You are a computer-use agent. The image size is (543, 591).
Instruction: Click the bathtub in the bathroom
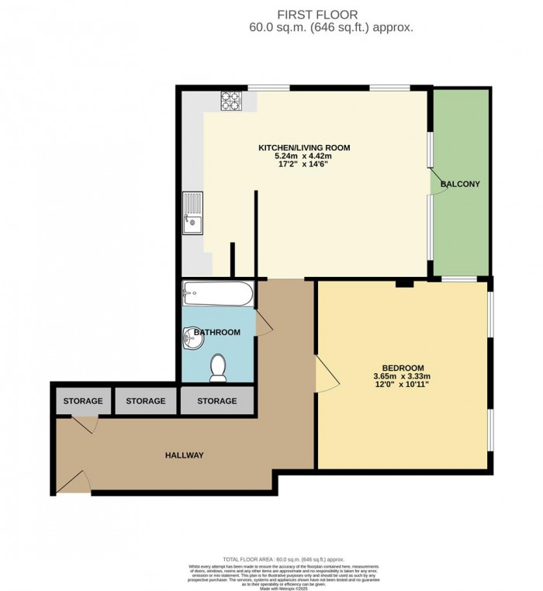pyautogui.click(x=217, y=294)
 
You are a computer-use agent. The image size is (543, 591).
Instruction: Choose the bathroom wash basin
pyautogui.click(x=191, y=337)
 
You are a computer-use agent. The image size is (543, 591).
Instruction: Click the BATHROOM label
pyautogui.click(x=217, y=332)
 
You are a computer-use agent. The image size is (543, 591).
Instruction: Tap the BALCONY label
pyautogui.click(x=461, y=185)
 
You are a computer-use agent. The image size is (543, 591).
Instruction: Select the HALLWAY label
pyautogui.click(x=183, y=455)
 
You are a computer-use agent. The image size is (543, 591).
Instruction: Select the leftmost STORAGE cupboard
pyautogui.click(x=83, y=401)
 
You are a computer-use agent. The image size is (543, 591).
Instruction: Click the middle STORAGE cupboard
pyautogui.click(x=146, y=401)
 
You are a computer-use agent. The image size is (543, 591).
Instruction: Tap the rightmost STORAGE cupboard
pyautogui.click(x=216, y=401)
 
